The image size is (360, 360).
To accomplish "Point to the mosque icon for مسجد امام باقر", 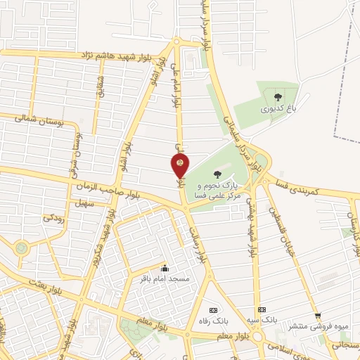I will [x=165, y=267].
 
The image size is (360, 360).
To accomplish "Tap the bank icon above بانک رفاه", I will [x=214, y=310].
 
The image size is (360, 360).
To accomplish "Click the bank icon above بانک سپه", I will [x=262, y=309].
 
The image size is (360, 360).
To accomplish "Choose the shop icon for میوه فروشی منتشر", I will [x=318, y=316].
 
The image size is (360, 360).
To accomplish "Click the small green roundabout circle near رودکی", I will [x=22, y=247].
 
